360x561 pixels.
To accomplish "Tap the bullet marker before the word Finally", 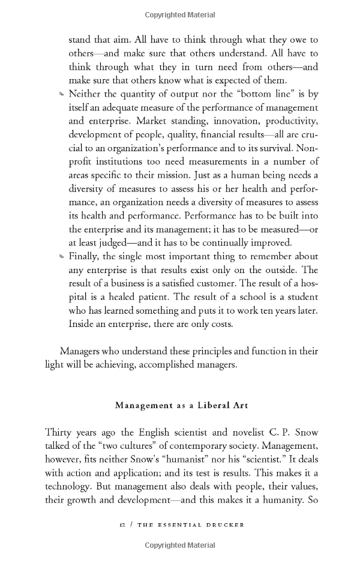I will [61, 257].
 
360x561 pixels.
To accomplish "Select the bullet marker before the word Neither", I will [61, 94].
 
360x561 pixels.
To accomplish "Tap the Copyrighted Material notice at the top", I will [179, 13].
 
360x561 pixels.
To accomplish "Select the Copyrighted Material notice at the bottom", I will [179, 545].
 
